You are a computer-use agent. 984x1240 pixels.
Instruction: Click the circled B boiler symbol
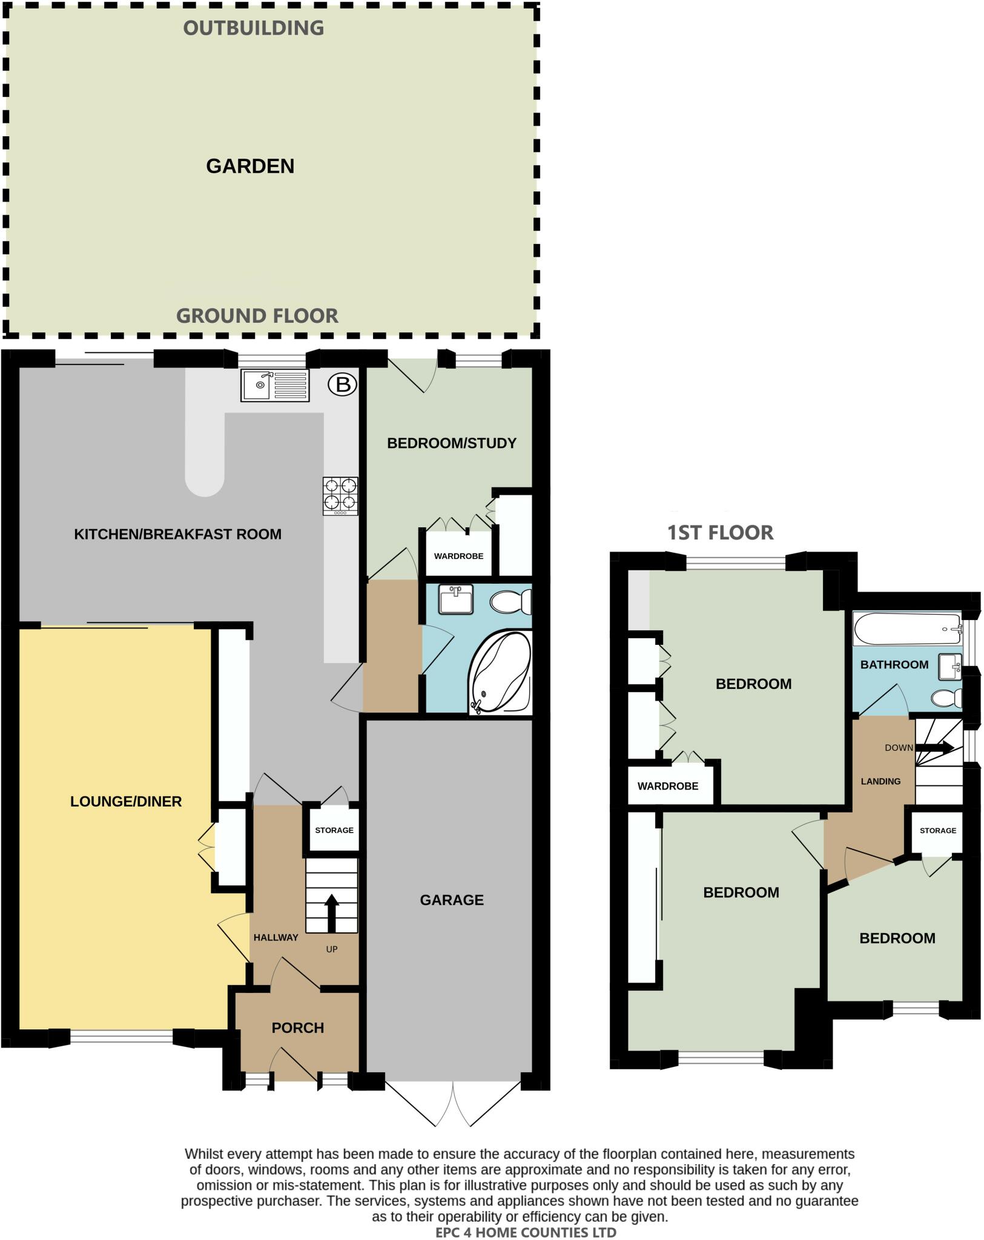[343, 384]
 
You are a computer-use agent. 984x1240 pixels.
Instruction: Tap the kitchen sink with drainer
[275, 385]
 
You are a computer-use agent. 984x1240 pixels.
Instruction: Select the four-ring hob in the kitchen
[340, 495]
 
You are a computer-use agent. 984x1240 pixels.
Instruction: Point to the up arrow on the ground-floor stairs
[331, 912]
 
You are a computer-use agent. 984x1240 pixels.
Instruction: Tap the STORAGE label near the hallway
[334, 830]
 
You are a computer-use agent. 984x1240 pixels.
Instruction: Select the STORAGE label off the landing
[937, 831]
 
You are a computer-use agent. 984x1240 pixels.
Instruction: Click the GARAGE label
[452, 900]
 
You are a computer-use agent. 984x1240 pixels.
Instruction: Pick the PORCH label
[297, 1028]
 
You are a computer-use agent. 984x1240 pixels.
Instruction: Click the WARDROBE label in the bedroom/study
[458, 556]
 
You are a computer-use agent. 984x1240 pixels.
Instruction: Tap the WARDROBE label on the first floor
[667, 786]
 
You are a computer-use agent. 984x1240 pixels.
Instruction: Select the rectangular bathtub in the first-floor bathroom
[906, 629]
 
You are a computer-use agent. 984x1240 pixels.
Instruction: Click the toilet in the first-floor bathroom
[946, 699]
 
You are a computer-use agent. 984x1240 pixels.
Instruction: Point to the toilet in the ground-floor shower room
[510, 602]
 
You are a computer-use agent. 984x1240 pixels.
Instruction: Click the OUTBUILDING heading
[254, 28]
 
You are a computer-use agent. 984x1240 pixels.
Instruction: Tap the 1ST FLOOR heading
[720, 533]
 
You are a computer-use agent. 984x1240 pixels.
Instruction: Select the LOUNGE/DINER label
[126, 802]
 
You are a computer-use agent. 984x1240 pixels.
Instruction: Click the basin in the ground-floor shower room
[456, 599]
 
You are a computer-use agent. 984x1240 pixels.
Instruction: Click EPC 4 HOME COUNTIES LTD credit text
[526, 1232]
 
